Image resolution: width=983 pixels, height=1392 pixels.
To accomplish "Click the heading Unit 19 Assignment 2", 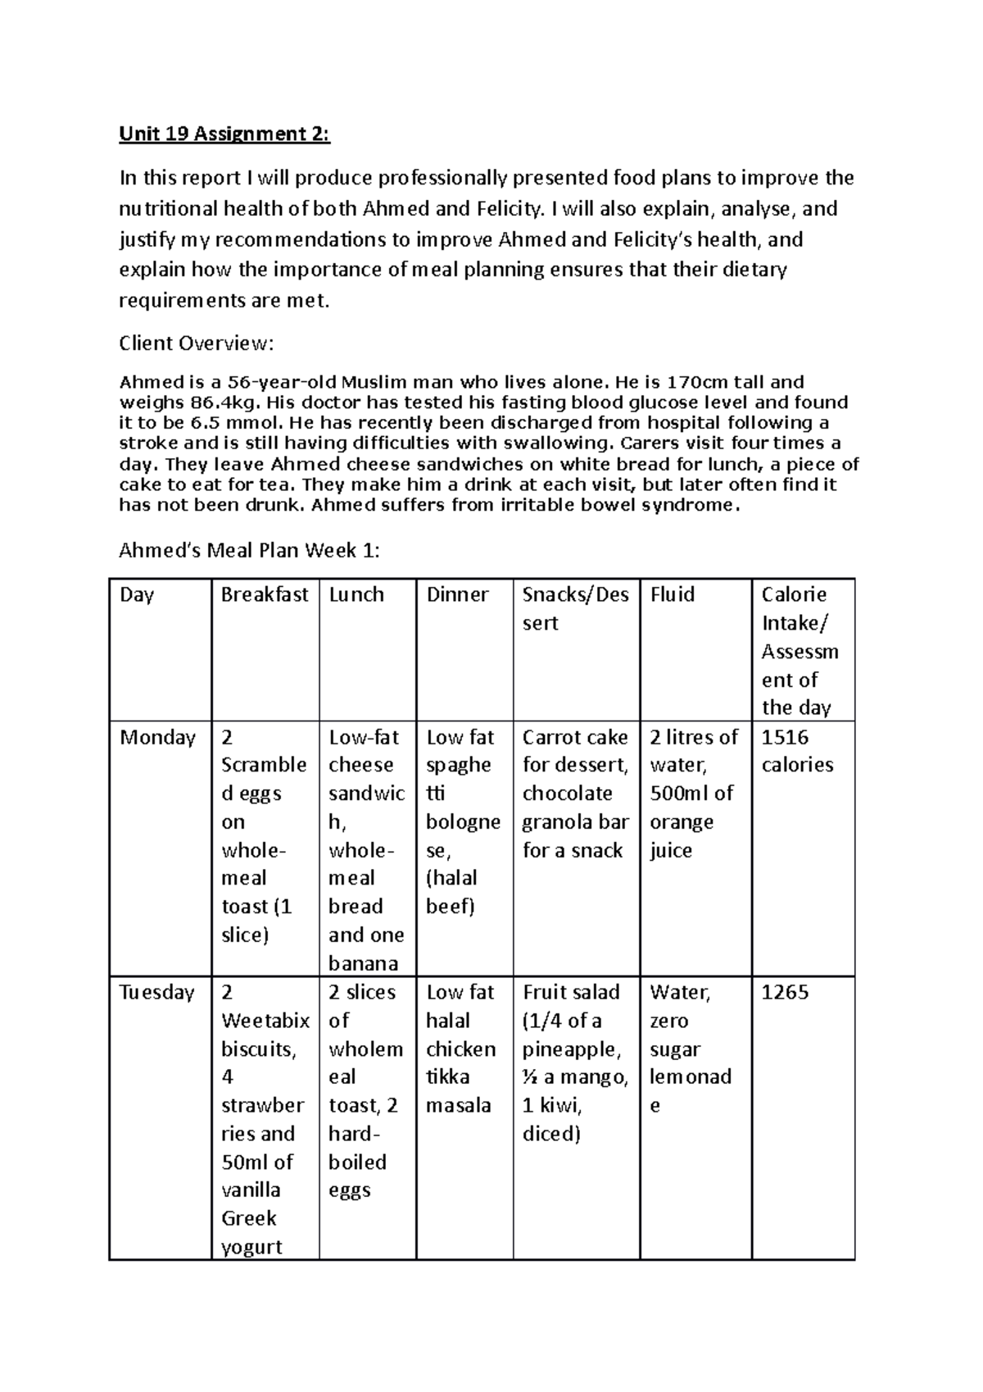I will tap(224, 134).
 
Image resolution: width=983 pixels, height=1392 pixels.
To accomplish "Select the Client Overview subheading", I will tap(194, 343).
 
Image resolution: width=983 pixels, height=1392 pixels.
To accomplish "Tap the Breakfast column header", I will tap(264, 594).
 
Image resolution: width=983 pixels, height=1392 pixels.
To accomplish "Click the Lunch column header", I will tap(356, 594).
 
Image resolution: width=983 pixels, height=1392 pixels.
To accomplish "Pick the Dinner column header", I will tap(457, 594).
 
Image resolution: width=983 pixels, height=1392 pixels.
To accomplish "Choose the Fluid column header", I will tap(673, 594).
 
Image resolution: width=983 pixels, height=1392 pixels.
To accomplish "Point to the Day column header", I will tap(137, 594).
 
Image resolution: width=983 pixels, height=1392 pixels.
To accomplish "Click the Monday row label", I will tap(157, 737).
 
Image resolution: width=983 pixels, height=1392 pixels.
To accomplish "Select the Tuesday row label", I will tap(156, 992).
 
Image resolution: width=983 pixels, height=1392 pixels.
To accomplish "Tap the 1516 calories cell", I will tap(797, 751).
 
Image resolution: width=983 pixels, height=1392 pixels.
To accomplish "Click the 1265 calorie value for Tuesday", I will tap(785, 992).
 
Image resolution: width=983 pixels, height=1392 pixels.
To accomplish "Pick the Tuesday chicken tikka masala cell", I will tap(461, 1049).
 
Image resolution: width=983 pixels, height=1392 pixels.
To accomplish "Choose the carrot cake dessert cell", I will tap(575, 793).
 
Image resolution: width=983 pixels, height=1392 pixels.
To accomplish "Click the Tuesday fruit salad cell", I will tap(575, 1062).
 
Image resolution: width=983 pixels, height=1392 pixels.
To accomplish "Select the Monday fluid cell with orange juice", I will tap(692, 793).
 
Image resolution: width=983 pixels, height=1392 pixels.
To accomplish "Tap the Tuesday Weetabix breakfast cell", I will tap(264, 1119).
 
